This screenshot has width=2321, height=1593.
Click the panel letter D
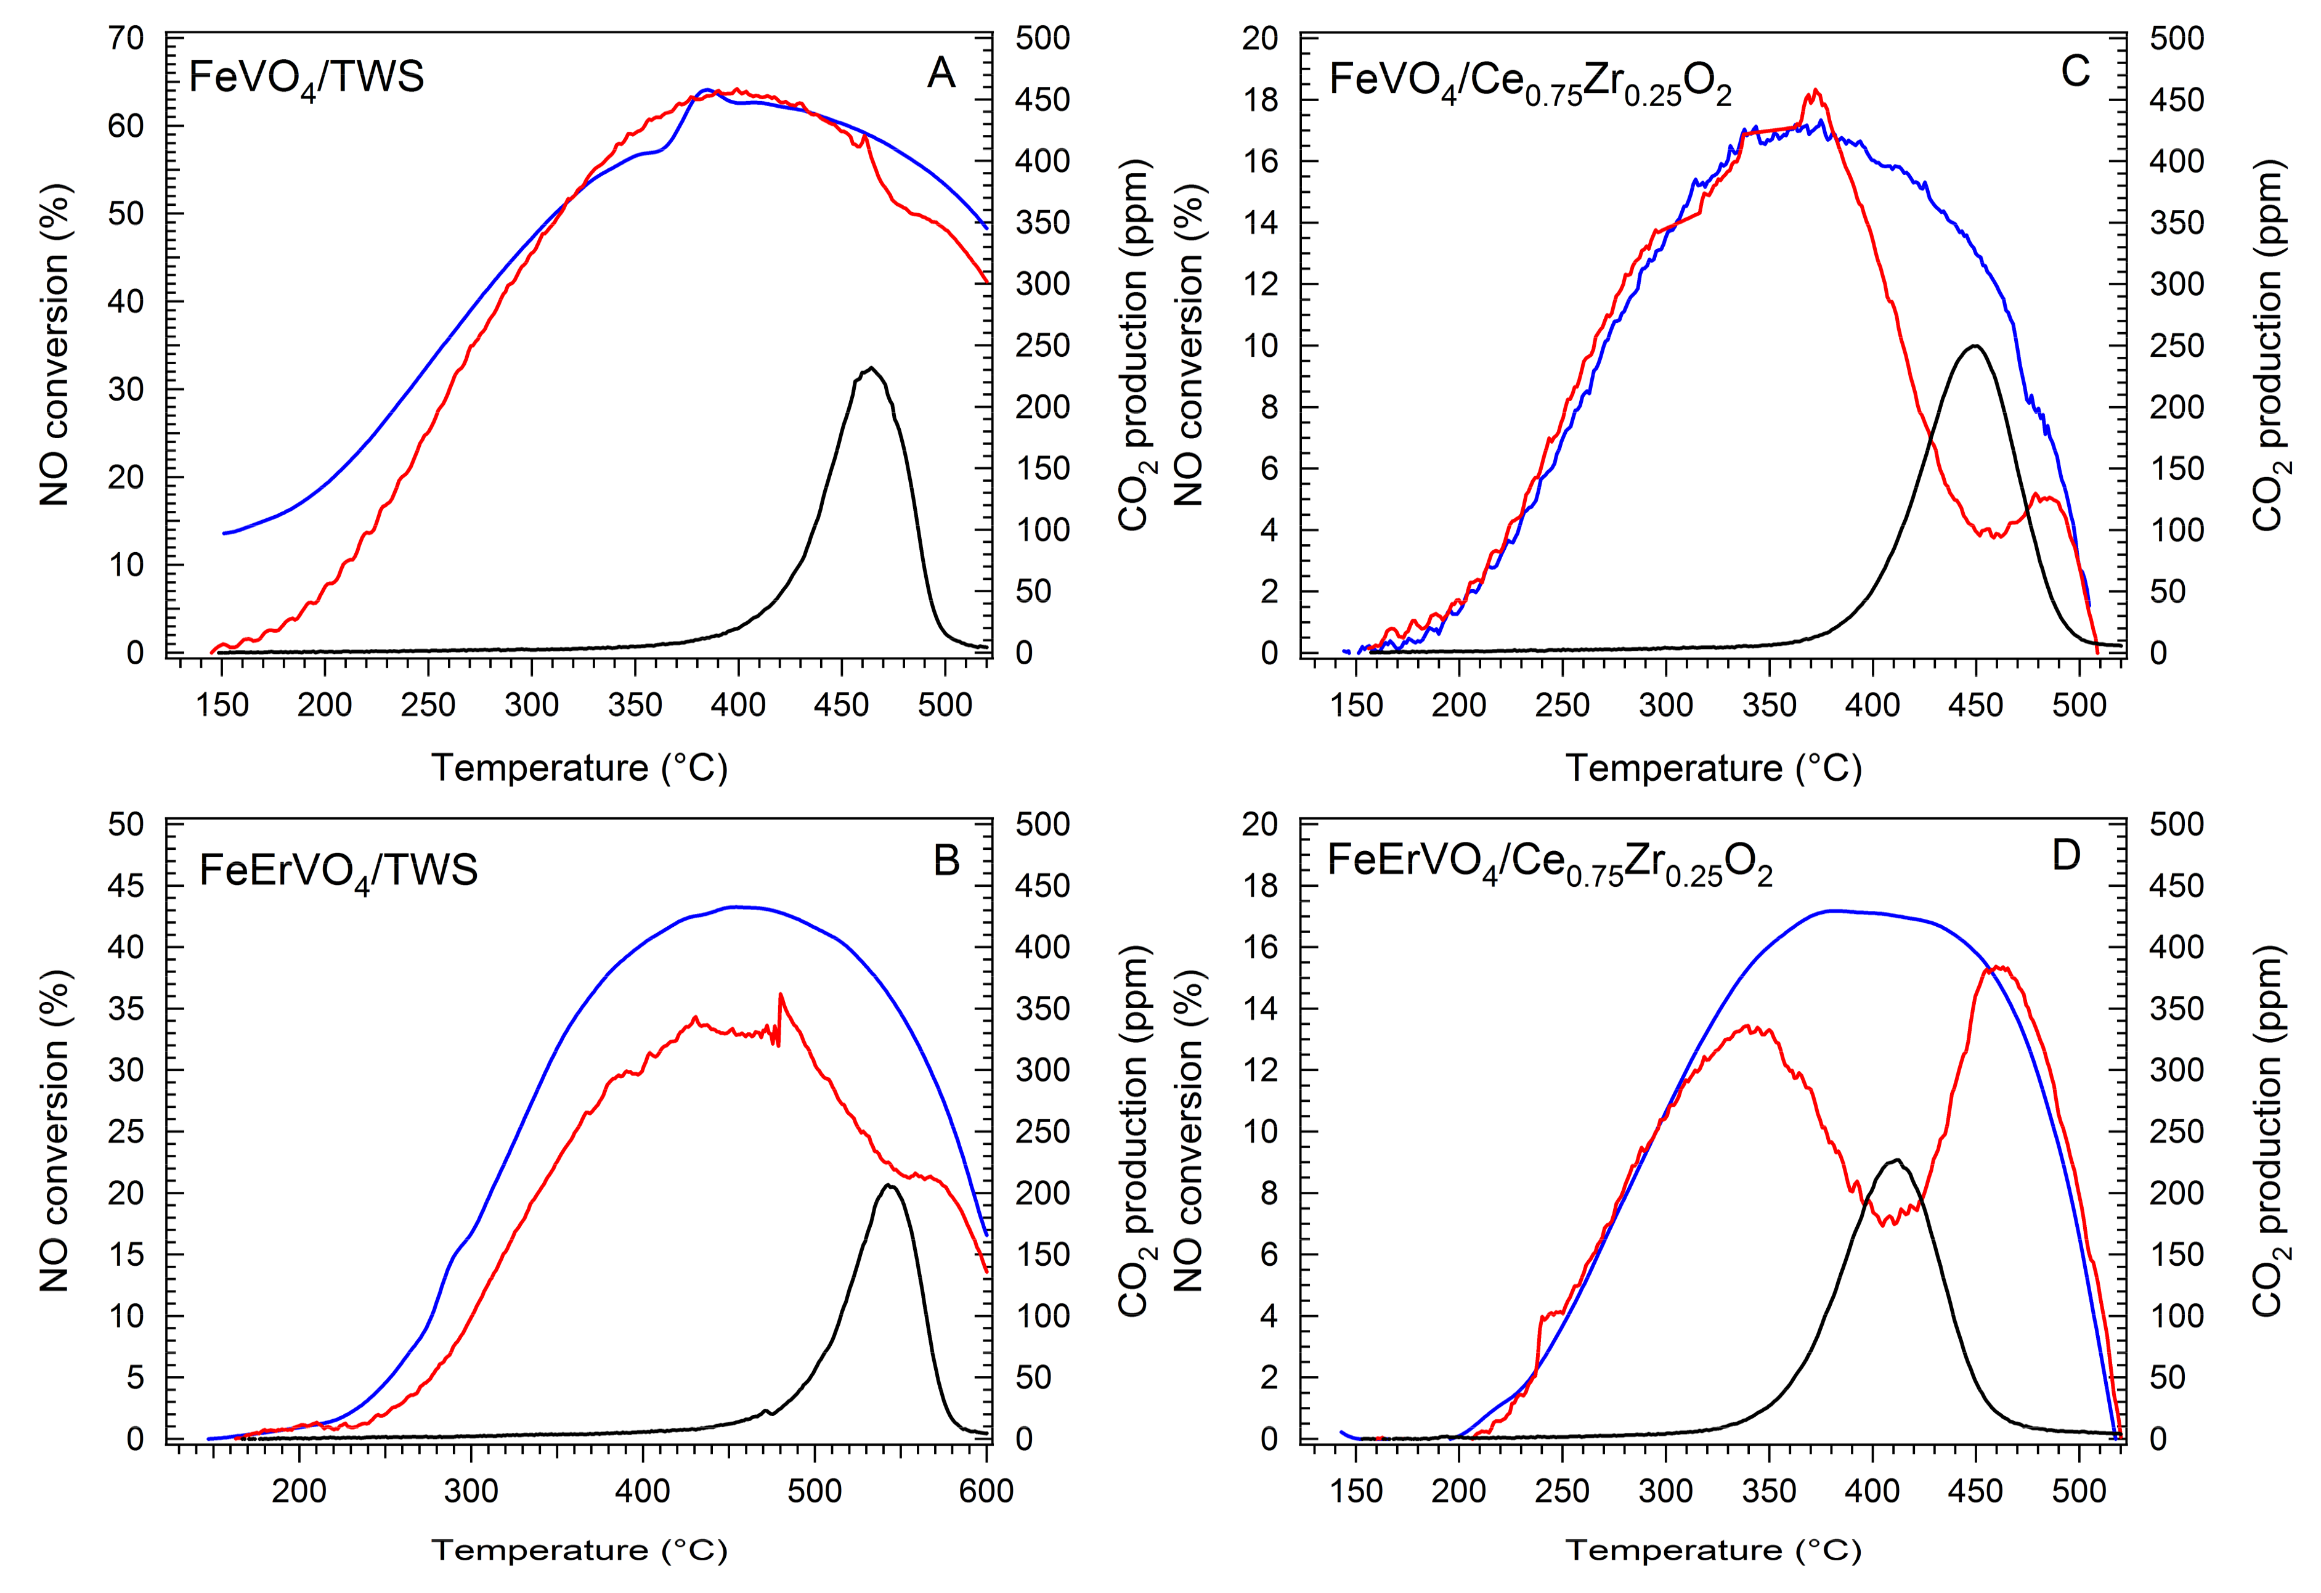(2065, 856)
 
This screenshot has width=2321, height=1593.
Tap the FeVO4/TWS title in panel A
(307, 78)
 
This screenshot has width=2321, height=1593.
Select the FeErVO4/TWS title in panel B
(338, 871)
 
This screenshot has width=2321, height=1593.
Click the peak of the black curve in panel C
(1975, 346)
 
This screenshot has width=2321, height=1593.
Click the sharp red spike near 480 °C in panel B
(780, 994)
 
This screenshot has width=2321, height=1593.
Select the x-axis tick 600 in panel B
(986, 1491)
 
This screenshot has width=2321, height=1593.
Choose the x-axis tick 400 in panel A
(738, 705)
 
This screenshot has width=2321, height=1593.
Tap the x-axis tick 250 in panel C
(1562, 705)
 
